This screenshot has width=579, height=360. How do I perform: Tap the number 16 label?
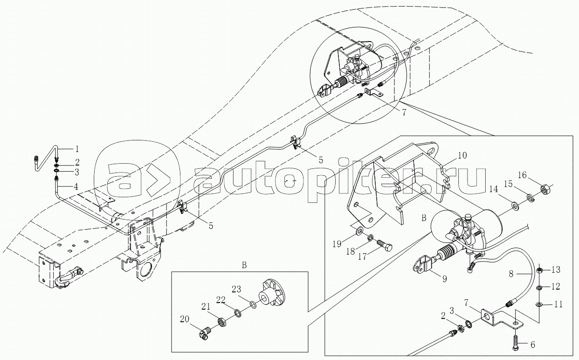(535, 175)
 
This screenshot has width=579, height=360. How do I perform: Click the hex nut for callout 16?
(545, 190)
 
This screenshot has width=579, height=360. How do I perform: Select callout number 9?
(444, 279)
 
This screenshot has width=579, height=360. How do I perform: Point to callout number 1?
(77, 149)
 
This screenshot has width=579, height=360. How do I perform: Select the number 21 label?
(206, 306)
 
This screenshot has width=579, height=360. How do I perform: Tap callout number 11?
(558, 304)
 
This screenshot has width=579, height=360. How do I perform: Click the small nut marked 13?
(539, 270)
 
